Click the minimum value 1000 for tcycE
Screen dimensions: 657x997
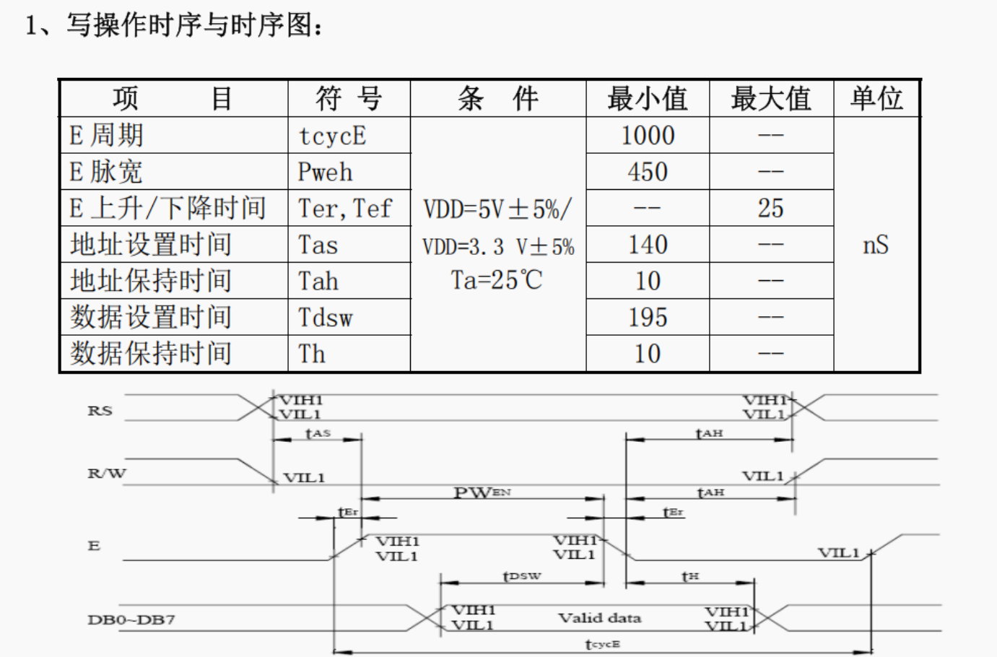(x=648, y=136)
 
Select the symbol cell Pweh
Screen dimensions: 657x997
(x=326, y=173)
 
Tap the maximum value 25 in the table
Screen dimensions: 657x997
(x=770, y=209)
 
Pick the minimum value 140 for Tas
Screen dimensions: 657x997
(x=648, y=245)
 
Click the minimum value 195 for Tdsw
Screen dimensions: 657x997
(x=648, y=318)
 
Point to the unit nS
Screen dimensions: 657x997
(x=876, y=245)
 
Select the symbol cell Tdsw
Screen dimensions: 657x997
(x=326, y=318)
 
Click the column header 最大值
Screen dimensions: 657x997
(x=771, y=98)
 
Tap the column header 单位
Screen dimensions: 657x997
(x=876, y=98)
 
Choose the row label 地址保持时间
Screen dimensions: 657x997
(x=151, y=281)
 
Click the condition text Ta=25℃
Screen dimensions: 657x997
(x=497, y=280)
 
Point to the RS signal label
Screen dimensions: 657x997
(x=100, y=411)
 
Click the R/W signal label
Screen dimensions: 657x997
(x=106, y=474)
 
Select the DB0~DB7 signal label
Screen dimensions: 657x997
(x=131, y=619)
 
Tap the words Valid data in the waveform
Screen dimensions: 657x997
(x=599, y=618)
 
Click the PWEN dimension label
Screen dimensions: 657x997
(x=482, y=492)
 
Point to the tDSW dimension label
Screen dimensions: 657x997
(x=521, y=576)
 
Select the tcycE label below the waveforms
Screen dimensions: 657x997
(x=602, y=644)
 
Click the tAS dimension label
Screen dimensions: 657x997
(x=318, y=433)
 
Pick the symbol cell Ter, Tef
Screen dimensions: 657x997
(x=345, y=209)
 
